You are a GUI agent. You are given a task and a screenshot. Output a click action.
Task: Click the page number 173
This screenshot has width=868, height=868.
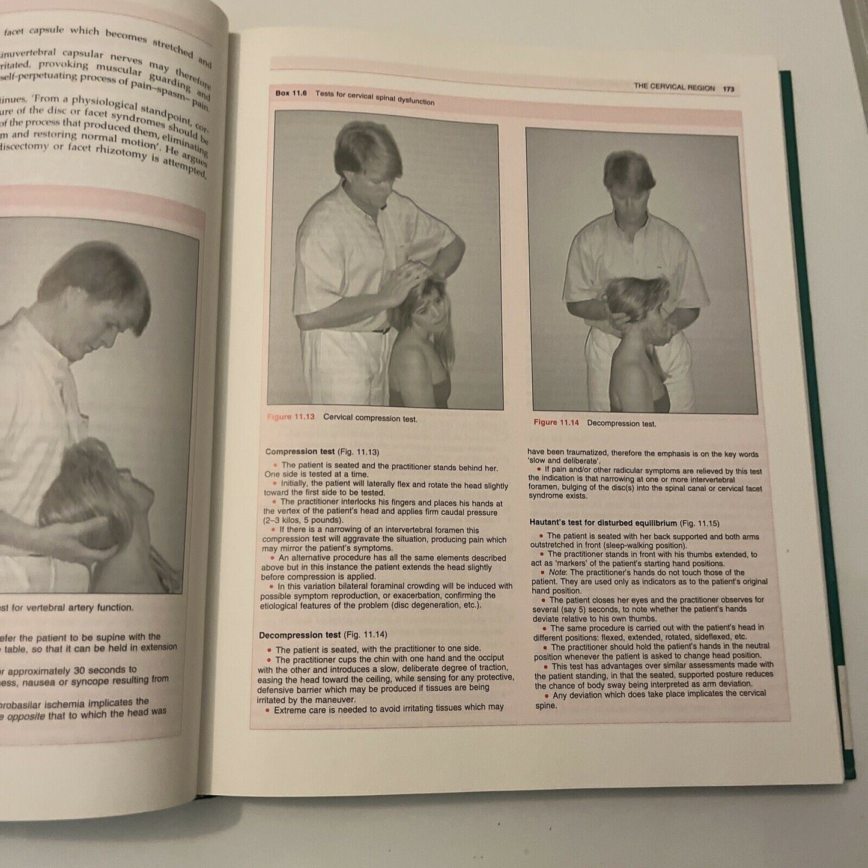(x=729, y=89)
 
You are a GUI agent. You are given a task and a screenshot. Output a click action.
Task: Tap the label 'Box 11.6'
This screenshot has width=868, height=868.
(x=291, y=94)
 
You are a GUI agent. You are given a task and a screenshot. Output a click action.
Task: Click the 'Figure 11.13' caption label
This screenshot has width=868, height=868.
(x=291, y=417)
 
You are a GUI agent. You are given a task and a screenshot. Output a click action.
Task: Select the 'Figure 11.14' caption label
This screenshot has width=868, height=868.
(x=556, y=423)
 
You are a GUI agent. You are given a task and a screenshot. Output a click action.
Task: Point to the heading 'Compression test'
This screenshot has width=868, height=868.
(x=300, y=452)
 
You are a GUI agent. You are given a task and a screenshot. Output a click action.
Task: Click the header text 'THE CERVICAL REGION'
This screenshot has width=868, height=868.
(x=674, y=87)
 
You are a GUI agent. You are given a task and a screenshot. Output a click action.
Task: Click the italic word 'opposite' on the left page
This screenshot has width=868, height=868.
(x=25, y=716)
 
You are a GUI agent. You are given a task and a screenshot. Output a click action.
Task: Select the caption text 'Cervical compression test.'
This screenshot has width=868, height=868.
(x=370, y=418)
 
